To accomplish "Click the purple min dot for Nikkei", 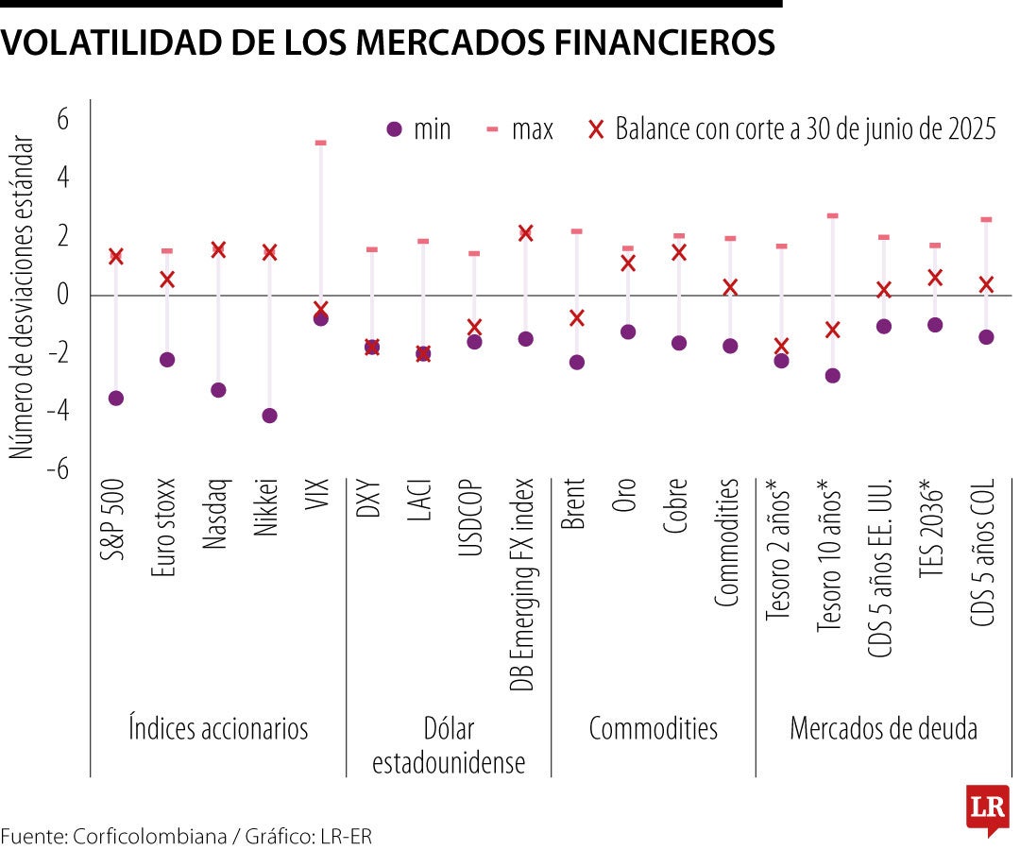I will click(x=269, y=416).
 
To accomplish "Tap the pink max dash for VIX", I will click(x=320, y=143).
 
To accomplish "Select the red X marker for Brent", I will click(x=576, y=318).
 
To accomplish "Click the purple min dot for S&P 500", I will click(x=116, y=399).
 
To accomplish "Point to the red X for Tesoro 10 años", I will click(x=832, y=330).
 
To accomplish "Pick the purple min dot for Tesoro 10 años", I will click(x=832, y=376).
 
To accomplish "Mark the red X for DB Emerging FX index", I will click(x=525, y=233).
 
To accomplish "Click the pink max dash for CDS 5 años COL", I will click(x=986, y=219).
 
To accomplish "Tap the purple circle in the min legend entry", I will click(x=395, y=129).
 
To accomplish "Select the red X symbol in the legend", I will click(x=595, y=129).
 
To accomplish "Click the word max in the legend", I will click(x=532, y=129).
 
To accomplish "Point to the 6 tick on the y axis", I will click(x=62, y=119).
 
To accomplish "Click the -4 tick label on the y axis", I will click(x=58, y=411).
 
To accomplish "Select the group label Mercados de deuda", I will click(x=883, y=729).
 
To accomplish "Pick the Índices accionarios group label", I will click(x=218, y=729).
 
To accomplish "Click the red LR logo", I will click(x=987, y=808).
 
